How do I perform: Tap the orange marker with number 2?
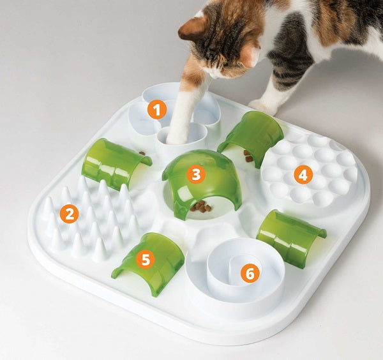pyautogui.click(x=69, y=213)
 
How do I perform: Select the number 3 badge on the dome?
pyautogui.click(x=195, y=173)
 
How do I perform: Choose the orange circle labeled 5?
pyautogui.click(x=146, y=260)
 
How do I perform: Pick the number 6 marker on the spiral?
pyautogui.click(x=250, y=273)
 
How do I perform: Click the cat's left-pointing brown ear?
pyautogui.click(x=190, y=27)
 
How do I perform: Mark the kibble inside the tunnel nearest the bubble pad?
pyautogui.click(x=249, y=156)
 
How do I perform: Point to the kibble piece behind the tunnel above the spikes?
pyautogui.click(x=141, y=154)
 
